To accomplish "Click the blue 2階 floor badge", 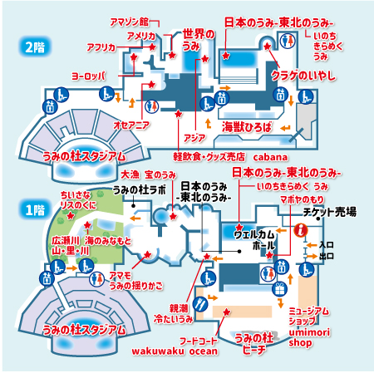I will pos(33,47).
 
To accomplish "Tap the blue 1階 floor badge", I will pos(33,210).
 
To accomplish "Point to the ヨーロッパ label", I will pos(91,76).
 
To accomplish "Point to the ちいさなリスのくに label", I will pos(74,199).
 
